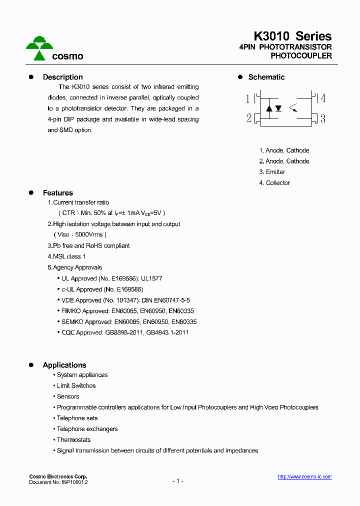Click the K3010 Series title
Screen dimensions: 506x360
(x=292, y=36)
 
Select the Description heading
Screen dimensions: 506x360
(x=62, y=77)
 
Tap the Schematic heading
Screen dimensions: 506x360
(x=266, y=77)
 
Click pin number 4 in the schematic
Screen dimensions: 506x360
(x=323, y=98)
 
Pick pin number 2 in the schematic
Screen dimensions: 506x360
(x=248, y=118)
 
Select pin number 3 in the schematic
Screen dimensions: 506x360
(x=323, y=118)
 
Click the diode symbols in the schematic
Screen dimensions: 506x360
(x=273, y=108)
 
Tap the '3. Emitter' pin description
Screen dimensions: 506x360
(x=272, y=172)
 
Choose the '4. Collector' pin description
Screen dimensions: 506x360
(x=274, y=183)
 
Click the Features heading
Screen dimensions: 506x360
(x=57, y=193)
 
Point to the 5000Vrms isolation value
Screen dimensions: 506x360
(x=88, y=234)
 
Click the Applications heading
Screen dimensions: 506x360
(x=64, y=365)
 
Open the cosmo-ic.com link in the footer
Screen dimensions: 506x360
(x=304, y=477)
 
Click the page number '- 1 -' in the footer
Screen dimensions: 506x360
(x=177, y=481)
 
